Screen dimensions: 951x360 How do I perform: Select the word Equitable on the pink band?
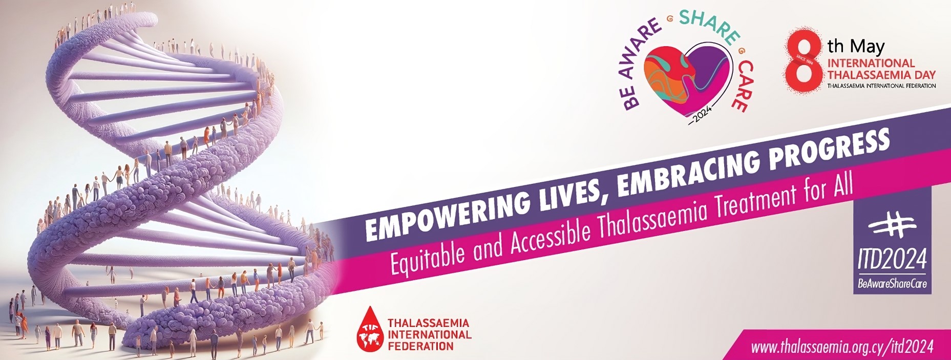(428, 255)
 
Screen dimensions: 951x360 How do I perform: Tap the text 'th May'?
(856, 47)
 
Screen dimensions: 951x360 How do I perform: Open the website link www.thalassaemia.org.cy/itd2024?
(842, 347)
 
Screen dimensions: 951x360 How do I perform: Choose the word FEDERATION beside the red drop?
(420, 346)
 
